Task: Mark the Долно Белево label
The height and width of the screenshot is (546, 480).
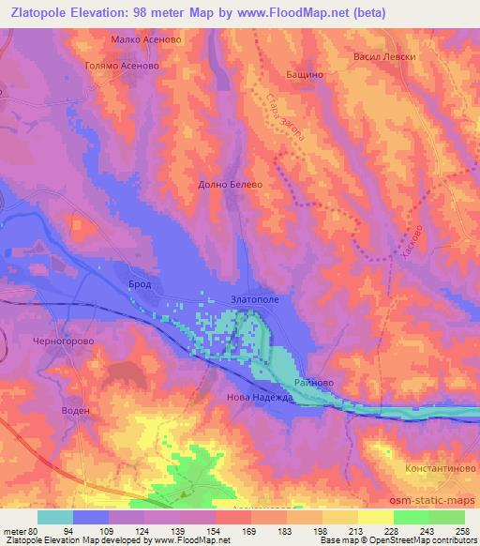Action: point(230,185)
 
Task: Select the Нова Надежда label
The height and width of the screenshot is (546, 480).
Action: point(261,398)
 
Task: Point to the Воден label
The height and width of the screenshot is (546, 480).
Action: point(74,411)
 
